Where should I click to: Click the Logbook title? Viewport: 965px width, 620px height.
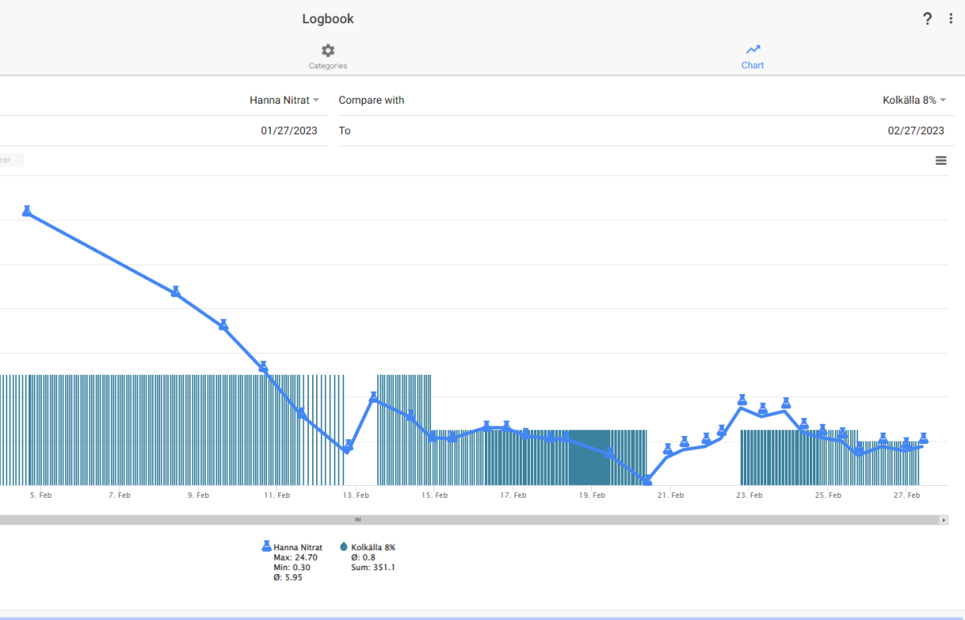328,19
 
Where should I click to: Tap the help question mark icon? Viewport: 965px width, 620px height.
927,18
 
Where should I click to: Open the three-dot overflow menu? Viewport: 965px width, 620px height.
951,18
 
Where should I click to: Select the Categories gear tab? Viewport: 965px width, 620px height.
328,56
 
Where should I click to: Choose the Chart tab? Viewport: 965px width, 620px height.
753,56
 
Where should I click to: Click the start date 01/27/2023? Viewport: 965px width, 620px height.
289,130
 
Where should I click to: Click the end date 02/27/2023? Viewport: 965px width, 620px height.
916,130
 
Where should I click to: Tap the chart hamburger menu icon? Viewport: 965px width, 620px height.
941,161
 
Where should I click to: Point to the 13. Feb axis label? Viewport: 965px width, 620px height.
355,495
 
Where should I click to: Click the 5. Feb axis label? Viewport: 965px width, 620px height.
41,495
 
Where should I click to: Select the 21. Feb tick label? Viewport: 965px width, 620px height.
671,495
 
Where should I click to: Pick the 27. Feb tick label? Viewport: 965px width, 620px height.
907,495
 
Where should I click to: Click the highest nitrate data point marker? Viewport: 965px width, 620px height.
27,211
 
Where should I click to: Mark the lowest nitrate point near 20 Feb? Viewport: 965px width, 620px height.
647,480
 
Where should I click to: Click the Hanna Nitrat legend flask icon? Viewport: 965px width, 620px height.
267,546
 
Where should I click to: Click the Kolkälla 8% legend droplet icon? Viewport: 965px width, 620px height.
343,546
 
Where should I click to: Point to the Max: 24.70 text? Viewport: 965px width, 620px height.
296,557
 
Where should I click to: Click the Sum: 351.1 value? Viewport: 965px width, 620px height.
373,568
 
